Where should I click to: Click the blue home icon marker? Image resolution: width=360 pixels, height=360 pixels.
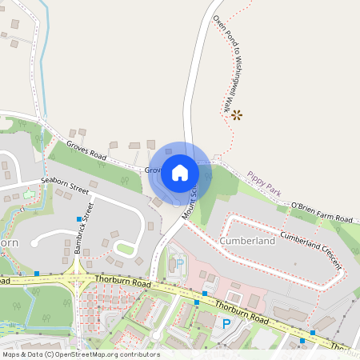point(180,172)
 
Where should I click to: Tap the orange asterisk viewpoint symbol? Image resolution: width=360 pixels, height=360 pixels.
point(236,115)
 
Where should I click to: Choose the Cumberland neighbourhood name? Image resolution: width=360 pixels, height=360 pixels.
point(248,241)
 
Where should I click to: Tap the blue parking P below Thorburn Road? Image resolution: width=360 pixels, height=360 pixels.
point(226,323)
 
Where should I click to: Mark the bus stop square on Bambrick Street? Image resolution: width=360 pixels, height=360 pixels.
point(78,218)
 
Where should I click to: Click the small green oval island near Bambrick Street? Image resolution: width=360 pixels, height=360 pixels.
point(124,250)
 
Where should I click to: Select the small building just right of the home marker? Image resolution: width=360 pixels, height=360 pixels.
point(216,158)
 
